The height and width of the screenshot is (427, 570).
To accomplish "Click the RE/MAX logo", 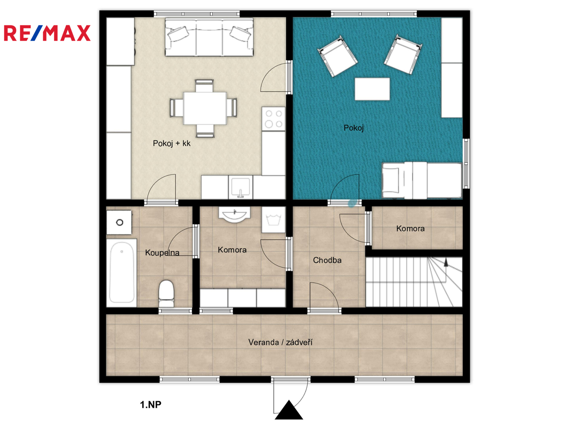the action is [47, 33].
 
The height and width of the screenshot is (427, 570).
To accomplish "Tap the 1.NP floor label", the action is [151, 404].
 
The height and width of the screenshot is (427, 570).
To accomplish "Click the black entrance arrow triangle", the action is [289, 410].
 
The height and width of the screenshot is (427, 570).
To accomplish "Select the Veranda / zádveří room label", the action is [280, 342].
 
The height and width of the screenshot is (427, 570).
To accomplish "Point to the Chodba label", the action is [327, 260].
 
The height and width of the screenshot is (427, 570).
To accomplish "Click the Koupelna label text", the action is [162, 253].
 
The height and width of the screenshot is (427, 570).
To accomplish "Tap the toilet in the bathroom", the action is [166, 293].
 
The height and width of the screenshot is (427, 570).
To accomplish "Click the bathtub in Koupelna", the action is [122, 273].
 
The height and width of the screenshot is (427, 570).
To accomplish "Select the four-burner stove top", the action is [274, 119].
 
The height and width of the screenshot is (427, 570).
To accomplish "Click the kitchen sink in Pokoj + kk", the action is [240, 187].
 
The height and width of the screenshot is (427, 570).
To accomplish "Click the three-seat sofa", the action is [209, 37].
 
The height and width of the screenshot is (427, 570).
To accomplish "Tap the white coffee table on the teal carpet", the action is [372, 89].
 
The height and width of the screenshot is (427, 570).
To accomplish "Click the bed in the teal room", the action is [422, 180].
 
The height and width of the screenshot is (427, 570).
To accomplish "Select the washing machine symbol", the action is [274, 220].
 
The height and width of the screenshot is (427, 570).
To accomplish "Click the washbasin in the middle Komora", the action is [234, 215].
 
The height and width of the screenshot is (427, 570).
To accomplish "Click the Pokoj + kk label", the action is [171, 144].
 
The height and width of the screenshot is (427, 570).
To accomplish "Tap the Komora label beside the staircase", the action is [410, 229].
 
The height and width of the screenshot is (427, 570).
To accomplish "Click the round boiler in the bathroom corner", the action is [120, 223].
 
